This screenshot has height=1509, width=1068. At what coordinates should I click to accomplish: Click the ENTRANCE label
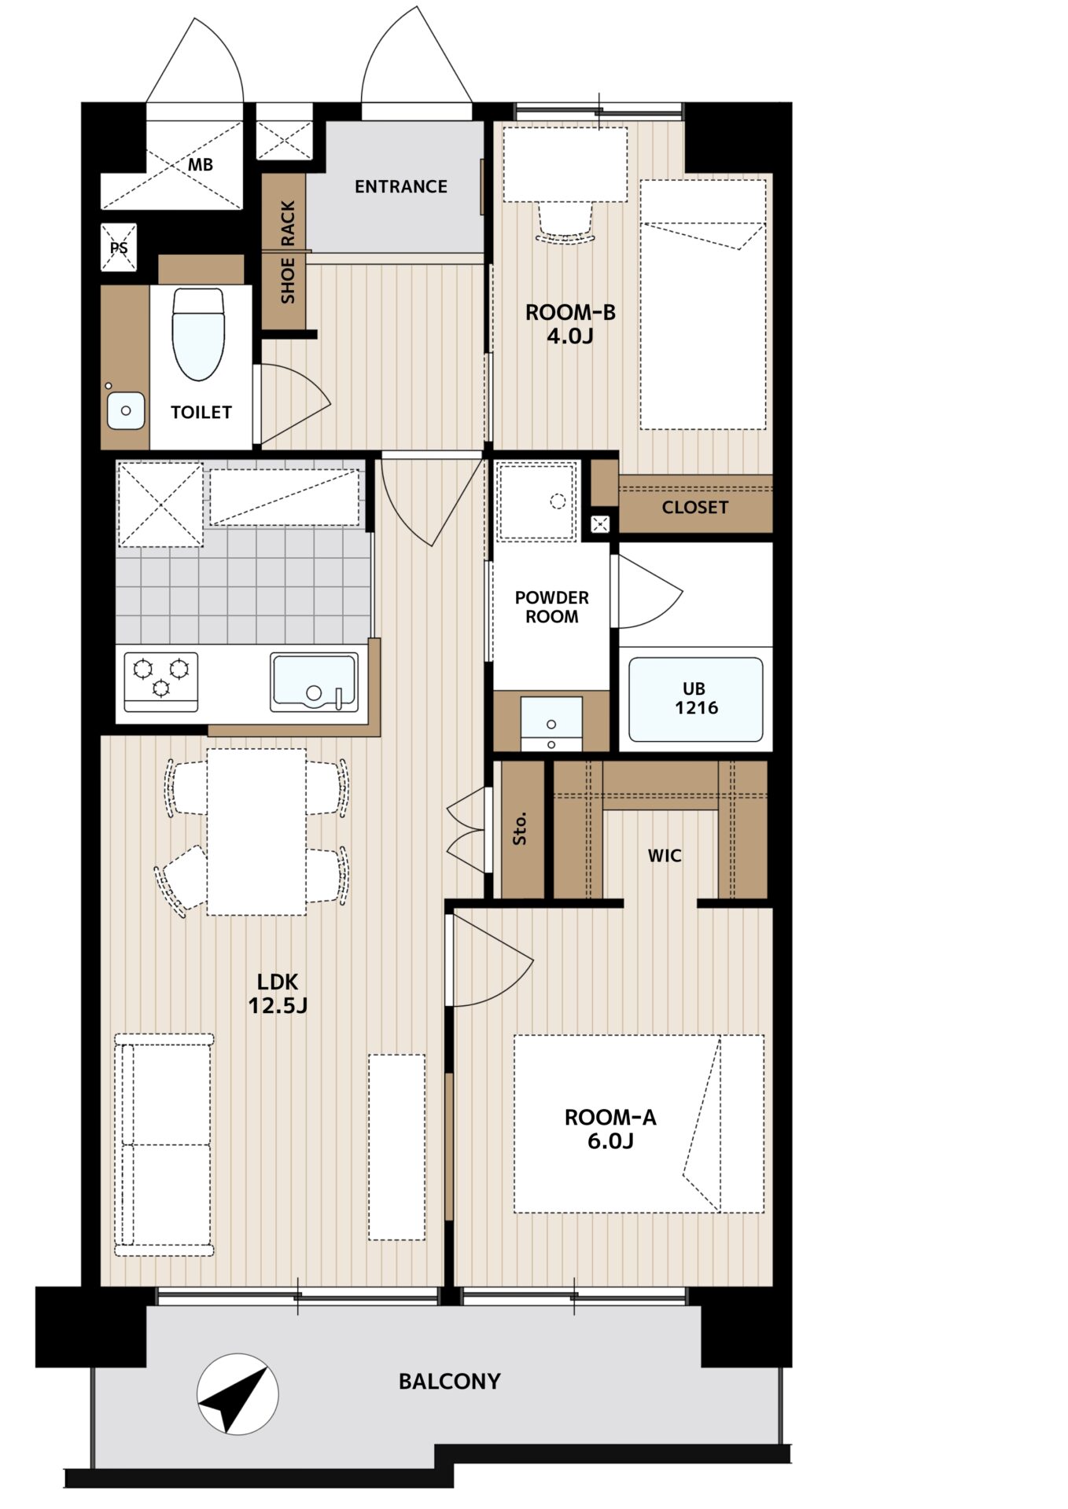coord(400,187)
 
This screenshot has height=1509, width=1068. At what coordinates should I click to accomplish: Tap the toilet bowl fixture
coord(198,334)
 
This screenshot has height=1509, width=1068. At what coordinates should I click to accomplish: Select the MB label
coord(201,165)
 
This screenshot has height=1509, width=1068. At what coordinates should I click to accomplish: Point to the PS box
coord(119,248)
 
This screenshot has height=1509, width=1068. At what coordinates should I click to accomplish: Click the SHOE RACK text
coord(288,251)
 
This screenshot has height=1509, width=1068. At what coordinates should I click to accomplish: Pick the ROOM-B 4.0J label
coord(570,324)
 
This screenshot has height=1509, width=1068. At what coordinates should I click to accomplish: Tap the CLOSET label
coord(695,508)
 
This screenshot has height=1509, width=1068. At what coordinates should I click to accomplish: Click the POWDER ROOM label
coord(551,607)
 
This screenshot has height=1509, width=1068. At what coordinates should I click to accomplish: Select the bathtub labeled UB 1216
coord(695,699)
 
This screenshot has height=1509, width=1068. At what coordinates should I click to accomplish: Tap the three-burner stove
coord(161,681)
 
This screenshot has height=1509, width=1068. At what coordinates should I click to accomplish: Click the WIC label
coord(665,855)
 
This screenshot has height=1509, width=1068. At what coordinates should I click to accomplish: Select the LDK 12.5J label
coord(278,993)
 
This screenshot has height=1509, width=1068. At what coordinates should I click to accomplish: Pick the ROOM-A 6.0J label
coord(610,1129)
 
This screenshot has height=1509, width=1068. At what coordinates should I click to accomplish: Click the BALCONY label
coord(449,1381)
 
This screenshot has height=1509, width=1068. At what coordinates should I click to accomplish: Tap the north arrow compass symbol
coord(238,1394)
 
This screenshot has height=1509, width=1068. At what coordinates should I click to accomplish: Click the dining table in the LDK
coord(256,832)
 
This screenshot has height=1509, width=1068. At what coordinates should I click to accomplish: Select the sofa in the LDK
coord(164,1144)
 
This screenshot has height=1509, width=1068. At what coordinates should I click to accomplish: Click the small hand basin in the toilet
coord(126,410)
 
